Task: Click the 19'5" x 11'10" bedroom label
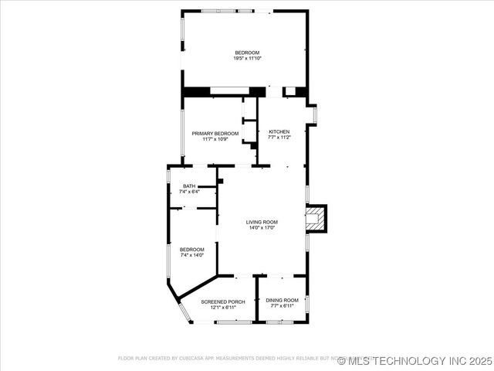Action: point(247,53)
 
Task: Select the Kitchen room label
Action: point(279,131)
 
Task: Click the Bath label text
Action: point(189,186)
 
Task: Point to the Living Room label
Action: point(262,222)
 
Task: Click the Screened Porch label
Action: point(223,301)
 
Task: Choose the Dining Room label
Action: point(282,300)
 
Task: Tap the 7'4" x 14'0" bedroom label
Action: point(192,249)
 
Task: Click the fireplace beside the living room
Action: point(315,218)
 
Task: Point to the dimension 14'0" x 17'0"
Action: point(262,228)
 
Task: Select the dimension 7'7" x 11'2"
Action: point(279,138)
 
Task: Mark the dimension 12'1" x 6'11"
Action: point(223,307)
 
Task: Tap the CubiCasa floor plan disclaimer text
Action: point(232,359)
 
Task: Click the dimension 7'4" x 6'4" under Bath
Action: point(189,192)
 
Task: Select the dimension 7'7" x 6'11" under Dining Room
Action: point(282,306)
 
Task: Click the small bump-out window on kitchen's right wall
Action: point(314,114)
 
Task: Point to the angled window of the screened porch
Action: point(184,312)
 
